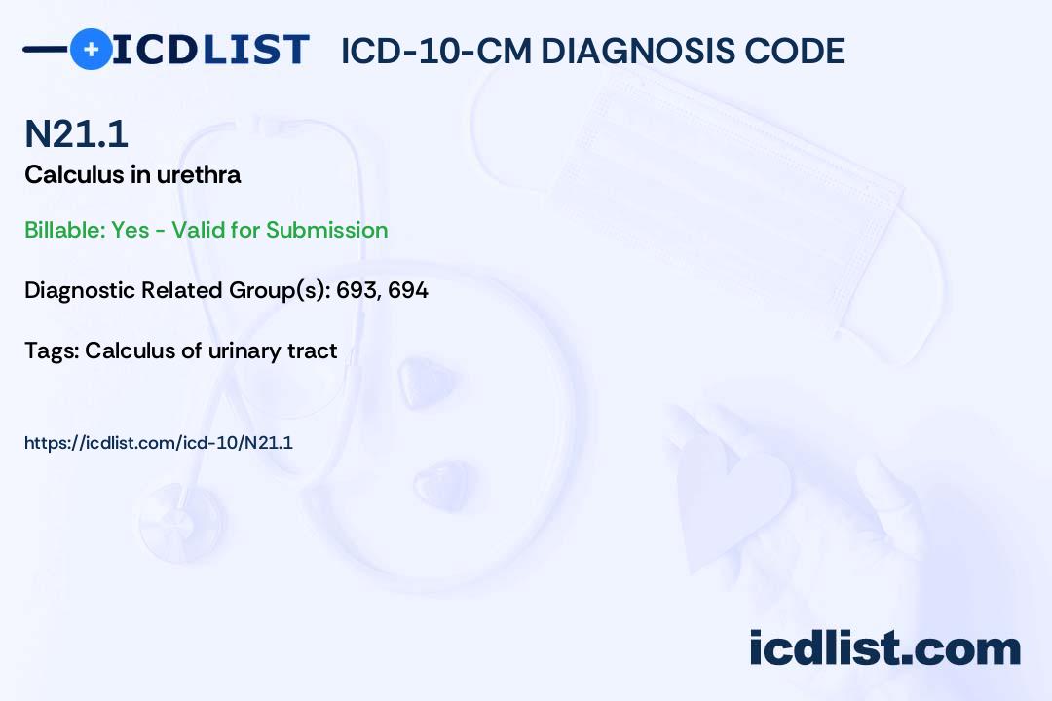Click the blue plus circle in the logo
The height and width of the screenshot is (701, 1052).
[91, 50]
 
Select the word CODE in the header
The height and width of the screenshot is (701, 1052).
[783, 51]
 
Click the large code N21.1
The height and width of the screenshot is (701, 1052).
[76, 133]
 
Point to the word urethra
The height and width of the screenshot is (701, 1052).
[199, 175]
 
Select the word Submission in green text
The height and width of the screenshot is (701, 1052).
[326, 230]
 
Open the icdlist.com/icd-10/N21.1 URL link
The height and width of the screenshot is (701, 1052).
[159, 443]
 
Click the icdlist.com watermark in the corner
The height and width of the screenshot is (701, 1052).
[884, 647]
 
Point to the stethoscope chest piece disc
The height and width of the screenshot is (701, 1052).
[181, 523]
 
